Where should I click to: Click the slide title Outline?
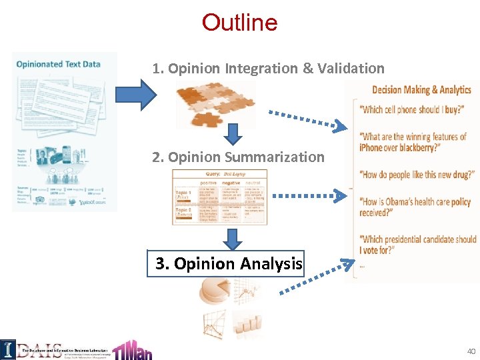(x=239, y=23)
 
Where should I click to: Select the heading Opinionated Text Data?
(x=58, y=64)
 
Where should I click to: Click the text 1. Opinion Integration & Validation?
(x=268, y=69)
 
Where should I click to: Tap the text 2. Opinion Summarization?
(x=238, y=157)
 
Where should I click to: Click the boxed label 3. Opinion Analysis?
(x=225, y=263)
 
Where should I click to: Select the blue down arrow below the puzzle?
(x=231, y=134)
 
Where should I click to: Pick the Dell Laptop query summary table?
(x=219, y=197)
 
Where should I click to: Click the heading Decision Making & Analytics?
(x=421, y=90)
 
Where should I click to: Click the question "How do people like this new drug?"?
(x=417, y=175)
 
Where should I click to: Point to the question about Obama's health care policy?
(x=415, y=207)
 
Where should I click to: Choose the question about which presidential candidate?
(x=417, y=244)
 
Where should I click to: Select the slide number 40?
(x=471, y=351)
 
